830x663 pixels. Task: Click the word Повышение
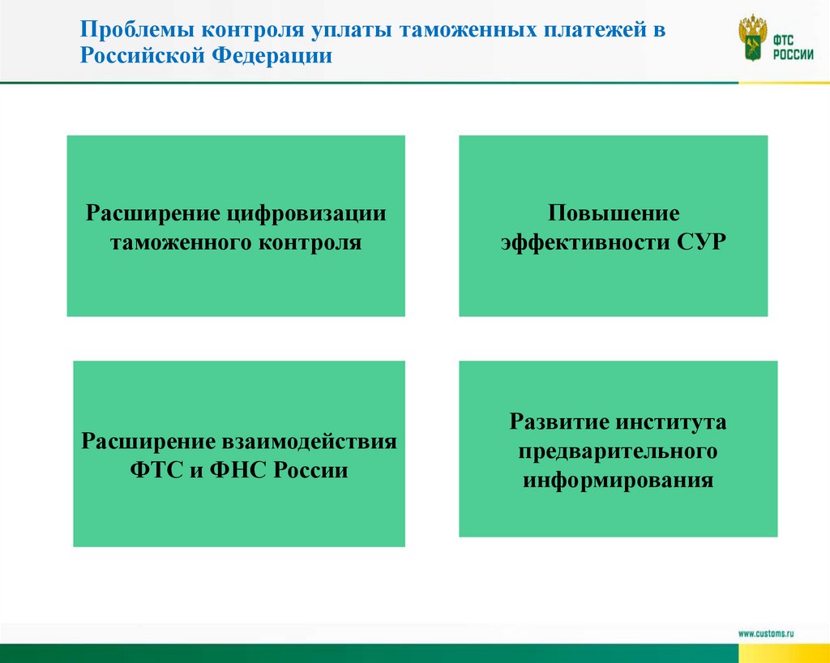[613, 214]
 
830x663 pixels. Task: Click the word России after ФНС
[313, 469]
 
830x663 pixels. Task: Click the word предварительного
[618, 451]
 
